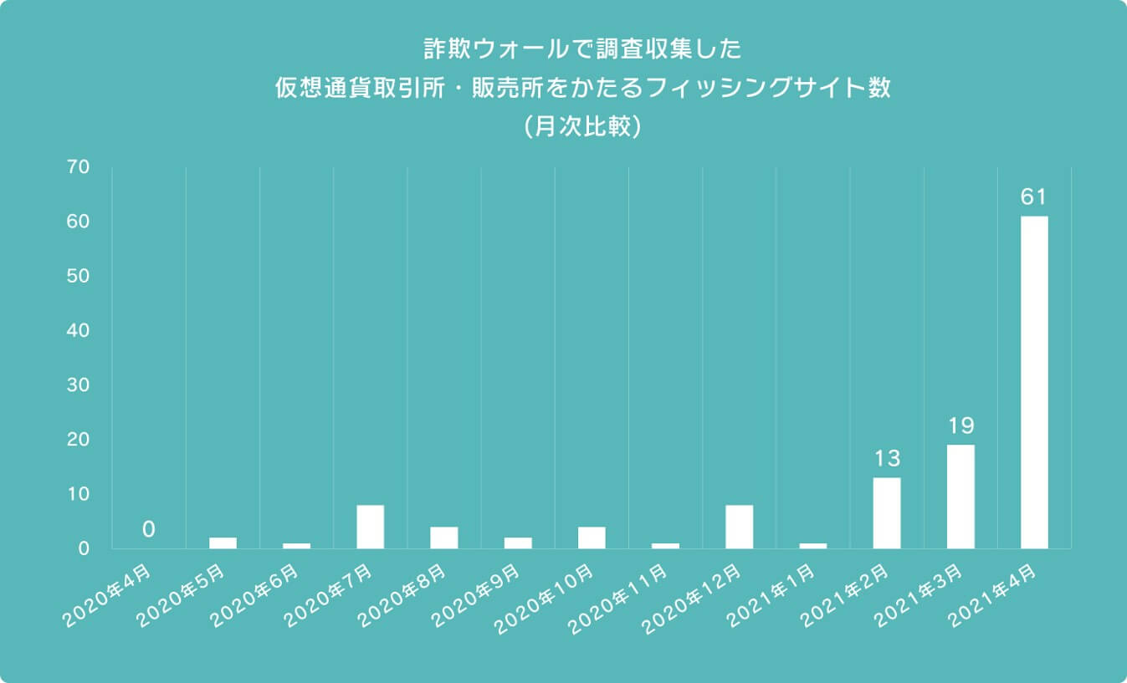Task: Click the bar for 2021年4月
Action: (1034, 382)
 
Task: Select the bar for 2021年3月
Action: (961, 497)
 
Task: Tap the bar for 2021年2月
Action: (887, 512)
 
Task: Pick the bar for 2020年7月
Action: (370, 527)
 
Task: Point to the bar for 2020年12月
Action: (739, 527)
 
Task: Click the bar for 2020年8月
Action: (443, 538)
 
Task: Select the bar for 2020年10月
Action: (592, 538)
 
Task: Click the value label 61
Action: (1034, 197)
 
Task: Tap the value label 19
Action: (961, 426)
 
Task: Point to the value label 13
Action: (887, 458)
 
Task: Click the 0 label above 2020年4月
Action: (148, 528)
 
